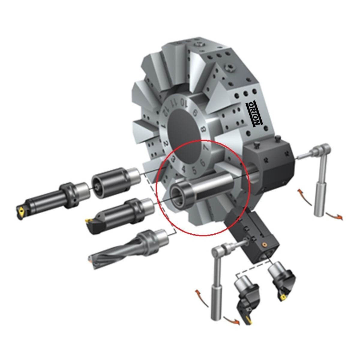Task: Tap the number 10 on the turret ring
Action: pos(184,103)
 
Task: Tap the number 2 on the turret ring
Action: pos(166,144)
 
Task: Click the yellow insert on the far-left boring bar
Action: pos(21,211)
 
